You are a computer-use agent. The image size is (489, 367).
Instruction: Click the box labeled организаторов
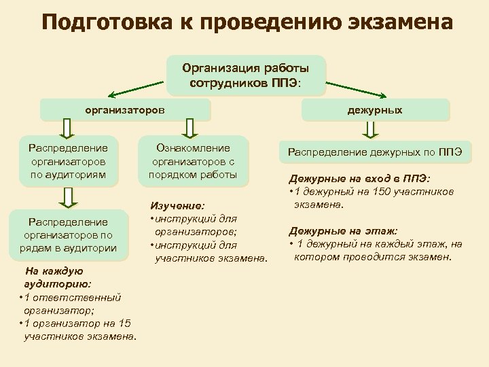tap(126, 109)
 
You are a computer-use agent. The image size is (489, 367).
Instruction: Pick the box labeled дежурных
tap(384, 110)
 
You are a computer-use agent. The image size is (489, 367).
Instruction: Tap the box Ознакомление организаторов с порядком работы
tap(194, 162)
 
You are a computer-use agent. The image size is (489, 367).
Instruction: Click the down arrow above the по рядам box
tap(67, 196)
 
